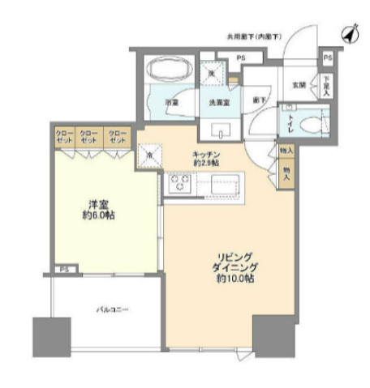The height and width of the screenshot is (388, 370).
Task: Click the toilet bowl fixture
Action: (311, 123)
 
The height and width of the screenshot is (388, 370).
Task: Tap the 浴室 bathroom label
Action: (173, 104)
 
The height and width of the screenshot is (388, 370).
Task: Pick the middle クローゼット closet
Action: (91, 137)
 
